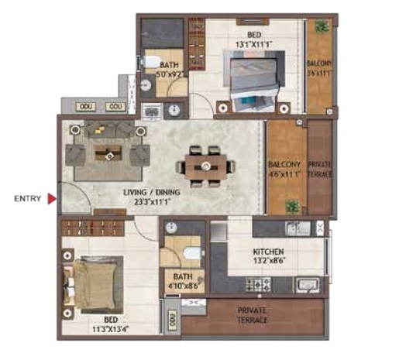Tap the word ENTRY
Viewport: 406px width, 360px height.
click(x=28, y=199)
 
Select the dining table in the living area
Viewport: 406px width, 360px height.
click(x=205, y=166)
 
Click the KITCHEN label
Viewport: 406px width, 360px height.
click(x=268, y=252)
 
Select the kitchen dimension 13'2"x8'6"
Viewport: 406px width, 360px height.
click(x=268, y=262)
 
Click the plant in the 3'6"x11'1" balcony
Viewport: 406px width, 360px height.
click(x=320, y=27)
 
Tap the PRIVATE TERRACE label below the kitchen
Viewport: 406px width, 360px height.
click(x=253, y=313)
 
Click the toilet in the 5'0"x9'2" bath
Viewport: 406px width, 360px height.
click(x=152, y=61)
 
